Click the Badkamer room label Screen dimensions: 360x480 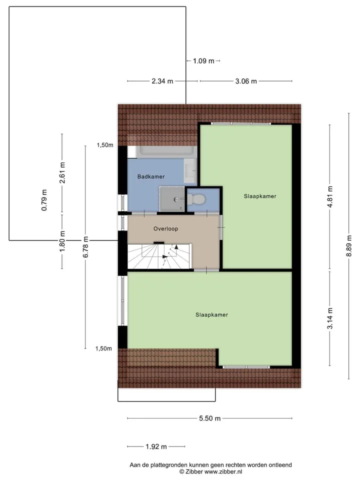click(151, 176)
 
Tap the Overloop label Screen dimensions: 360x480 click(165, 228)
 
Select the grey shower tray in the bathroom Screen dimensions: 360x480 click(171, 199)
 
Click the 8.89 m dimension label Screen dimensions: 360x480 click(349, 246)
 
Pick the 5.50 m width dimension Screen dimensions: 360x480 click(209, 418)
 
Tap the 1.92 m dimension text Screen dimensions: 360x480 click(156, 446)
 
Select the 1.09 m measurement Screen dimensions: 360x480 click(203, 61)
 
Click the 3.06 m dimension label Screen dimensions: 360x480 click(246, 81)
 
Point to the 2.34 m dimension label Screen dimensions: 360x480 click(162, 81)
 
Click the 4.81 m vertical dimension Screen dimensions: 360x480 click(329, 197)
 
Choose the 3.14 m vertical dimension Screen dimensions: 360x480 click(329, 318)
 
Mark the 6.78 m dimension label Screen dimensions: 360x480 click(85, 246)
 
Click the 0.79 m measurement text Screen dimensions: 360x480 click(44, 200)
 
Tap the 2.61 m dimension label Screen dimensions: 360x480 click(62, 172)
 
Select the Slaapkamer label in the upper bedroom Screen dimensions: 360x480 click(260, 196)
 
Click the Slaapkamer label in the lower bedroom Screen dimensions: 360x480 click(212, 314)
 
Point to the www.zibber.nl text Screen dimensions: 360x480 click(223, 471)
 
